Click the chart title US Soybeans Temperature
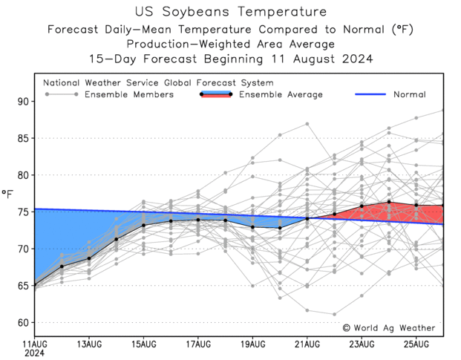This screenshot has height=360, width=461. coord(231,12)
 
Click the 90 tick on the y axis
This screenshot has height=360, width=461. coord(22,102)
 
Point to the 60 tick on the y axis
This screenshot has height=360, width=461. coord(22,323)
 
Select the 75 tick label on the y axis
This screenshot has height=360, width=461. coord(22,212)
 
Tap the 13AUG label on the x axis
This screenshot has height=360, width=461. coord(89,344)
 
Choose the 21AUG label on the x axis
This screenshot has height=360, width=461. coord(307,344)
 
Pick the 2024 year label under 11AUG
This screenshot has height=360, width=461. coord(34,355)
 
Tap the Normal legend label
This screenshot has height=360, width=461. coord(410,94)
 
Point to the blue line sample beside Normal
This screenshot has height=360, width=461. coord(375,94)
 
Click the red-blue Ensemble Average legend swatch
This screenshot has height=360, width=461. coord(215,94)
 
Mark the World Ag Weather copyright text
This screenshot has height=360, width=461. coord(389,327)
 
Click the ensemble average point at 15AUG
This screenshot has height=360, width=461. coord(144,225)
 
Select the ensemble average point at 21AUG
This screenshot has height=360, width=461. coord(307,218)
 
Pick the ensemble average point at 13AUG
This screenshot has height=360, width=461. coord(89,258)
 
